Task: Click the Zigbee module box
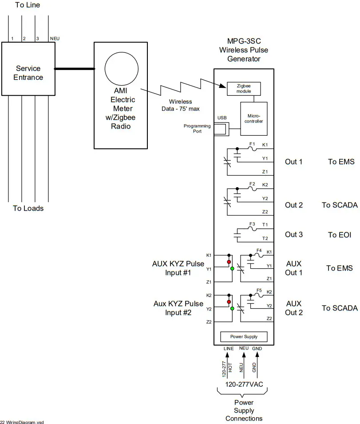point(243,88)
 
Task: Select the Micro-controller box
point(254,118)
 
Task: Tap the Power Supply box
point(244,337)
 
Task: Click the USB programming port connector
point(220,129)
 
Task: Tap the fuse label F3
point(252,224)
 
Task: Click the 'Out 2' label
point(294,205)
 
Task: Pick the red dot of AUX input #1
point(229,262)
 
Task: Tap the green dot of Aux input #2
point(232,308)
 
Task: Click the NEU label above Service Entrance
point(55,39)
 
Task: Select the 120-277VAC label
point(244,384)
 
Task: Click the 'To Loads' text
point(28,208)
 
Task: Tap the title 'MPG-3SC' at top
point(243,42)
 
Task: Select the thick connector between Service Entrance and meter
point(75,69)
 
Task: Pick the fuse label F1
point(252,144)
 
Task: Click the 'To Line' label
point(28,5)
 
